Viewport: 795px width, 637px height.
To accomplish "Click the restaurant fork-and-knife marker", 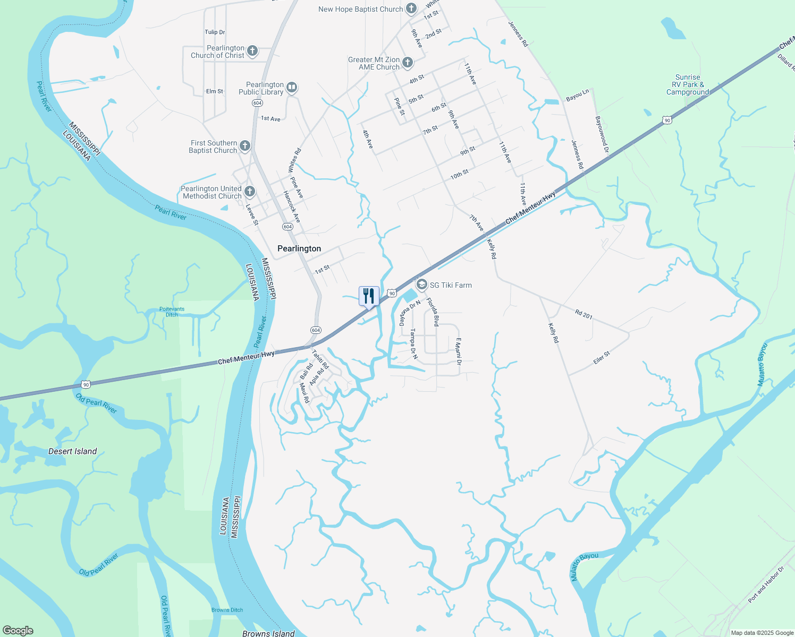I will (x=369, y=296).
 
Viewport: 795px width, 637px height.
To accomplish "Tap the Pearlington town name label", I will (x=299, y=248).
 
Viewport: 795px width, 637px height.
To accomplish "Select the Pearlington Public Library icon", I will (x=292, y=88).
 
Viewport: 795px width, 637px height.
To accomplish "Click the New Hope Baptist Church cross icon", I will (x=411, y=8).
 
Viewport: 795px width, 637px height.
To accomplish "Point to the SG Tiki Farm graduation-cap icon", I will (x=421, y=285).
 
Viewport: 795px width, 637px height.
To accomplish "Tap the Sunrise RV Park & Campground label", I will (x=688, y=85).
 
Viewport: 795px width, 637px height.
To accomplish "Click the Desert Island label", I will (x=72, y=451).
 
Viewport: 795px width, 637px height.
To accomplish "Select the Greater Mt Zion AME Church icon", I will (x=408, y=63).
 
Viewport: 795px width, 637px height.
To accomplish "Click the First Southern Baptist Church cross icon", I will (x=245, y=146).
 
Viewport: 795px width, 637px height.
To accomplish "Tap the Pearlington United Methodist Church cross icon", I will (x=250, y=192).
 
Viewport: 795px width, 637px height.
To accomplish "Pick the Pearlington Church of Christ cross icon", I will (x=252, y=51).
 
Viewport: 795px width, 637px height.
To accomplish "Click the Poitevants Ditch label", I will (x=172, y=312).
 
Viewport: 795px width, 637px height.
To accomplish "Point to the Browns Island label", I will (x=268, y=633).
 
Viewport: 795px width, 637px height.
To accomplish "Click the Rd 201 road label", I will (x=583, y=315).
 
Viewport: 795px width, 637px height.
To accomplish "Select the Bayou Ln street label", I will (x=577, y=96).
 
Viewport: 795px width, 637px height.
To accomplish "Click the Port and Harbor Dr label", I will (x=766, y=584).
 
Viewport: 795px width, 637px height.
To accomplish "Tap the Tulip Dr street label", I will (x=215, y=32).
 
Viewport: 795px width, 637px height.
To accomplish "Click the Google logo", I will (x=18, y=631).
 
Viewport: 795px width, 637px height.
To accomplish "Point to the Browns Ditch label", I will (x=227, y=610).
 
